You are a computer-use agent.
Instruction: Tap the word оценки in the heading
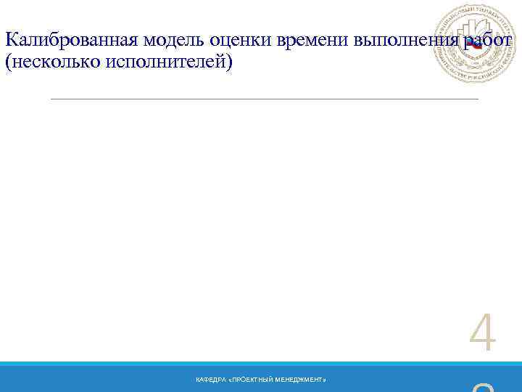pyautogui.click(x=233, y=40)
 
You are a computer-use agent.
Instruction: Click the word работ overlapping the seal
pyautogui.click(x=488, y=40)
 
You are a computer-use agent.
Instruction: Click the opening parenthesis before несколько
pyautogui.click(x=7, y=63)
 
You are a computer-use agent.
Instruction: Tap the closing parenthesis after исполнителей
pyautogui.click(x=231, y=63)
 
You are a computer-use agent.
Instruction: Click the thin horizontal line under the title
pyautogui.click(x=265, y=99)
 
